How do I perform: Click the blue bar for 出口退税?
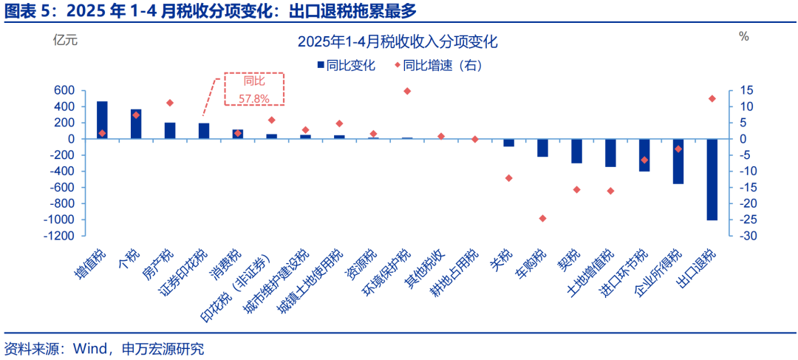point(712,180)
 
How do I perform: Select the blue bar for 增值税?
point(102,120)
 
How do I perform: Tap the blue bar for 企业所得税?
point(678,161)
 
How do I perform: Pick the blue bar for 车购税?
point(542,148)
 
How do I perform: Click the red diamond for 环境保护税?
point(407,91)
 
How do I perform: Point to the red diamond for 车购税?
point(542,218)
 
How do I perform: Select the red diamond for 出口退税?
point(712,98)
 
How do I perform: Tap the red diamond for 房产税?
point(170,103)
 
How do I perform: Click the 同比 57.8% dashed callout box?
point(254,89)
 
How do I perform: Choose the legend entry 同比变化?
point(347,65)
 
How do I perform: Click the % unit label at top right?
point(743,36)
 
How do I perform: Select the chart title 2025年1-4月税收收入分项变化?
point(398,42)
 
